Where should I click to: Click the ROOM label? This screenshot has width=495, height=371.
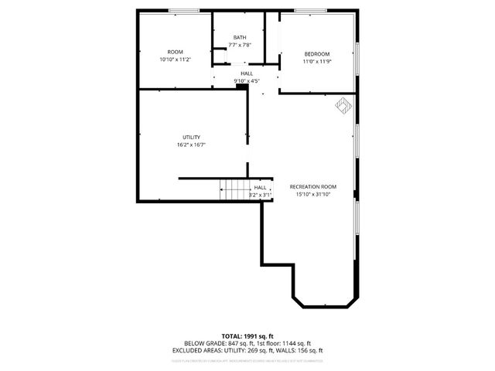(x=175, y=52)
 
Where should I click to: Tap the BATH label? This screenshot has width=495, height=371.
(x=240, y=37)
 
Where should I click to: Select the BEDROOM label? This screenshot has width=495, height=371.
(x=317, y=53)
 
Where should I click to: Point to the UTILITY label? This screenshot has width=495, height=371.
(x=192, y=137)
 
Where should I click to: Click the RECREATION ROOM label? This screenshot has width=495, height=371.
(x=313, y=187)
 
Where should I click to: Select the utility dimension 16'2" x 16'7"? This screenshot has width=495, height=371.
(x=192, y=145)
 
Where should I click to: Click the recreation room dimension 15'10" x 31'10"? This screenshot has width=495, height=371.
(x=313, y=195)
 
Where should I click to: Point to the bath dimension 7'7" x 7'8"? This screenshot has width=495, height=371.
(x=240, y=45)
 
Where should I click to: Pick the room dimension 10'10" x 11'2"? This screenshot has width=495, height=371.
(x=175, y=60)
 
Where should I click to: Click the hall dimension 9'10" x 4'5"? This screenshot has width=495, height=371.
(x=246, y=81)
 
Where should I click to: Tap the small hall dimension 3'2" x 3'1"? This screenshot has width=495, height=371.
(x=260, y=195)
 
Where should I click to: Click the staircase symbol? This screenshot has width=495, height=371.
(x=233, y=189)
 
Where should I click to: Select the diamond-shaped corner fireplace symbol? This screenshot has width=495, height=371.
(x=341, y=104)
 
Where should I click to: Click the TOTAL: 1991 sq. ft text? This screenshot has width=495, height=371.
(x=247, y=336)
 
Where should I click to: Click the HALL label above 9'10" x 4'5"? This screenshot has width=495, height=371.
(x=246, y=73)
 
